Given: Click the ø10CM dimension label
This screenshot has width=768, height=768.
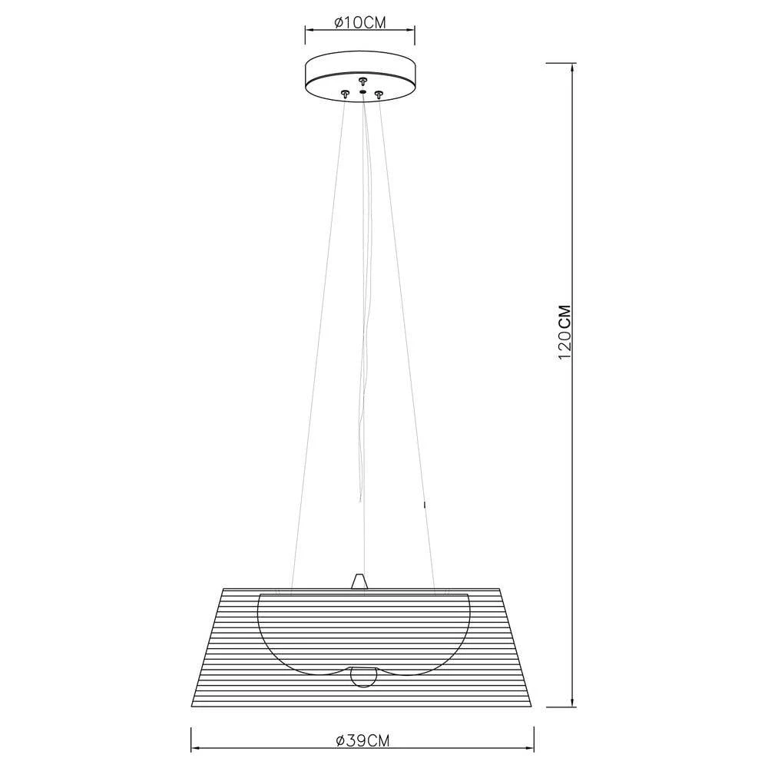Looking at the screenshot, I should (x=360, y=23).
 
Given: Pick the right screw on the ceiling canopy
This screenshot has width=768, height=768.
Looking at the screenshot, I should (x=378, y=94).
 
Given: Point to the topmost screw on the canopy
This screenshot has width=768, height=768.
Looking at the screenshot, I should (x=362, y=78).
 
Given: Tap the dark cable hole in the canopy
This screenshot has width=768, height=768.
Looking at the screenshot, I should (x=362, y=91).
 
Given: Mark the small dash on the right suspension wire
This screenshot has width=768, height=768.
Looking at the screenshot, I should (x=423, y=505).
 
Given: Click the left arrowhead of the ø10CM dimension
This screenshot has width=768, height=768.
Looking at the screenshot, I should (x=310, y=31).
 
